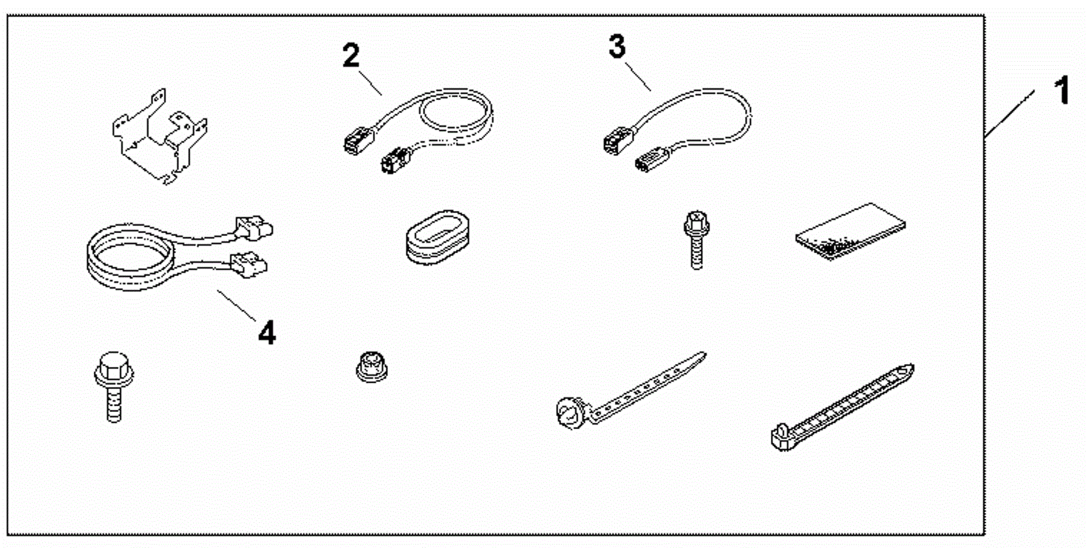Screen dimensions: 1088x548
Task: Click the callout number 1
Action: coord(1062,91)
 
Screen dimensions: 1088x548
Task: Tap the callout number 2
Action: coord(351,56)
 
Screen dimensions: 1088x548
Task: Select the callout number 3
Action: coord(617,47)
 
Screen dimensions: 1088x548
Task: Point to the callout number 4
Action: coord(267,333)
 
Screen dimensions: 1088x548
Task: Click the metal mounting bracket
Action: coord(159,137)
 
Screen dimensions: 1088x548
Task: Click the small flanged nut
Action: coord(371,366)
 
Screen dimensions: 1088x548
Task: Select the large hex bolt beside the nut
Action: coord(114,386)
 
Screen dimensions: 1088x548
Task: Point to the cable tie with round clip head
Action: coord(629,391)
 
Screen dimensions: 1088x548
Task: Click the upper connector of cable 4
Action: coord(253,227)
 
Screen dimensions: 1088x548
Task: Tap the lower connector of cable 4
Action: coord(249,266)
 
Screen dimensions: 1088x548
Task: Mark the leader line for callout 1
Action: coord(1010,114)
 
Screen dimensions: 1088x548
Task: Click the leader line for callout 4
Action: coord(237,306)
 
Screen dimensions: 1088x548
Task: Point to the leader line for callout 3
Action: coord(638,77)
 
